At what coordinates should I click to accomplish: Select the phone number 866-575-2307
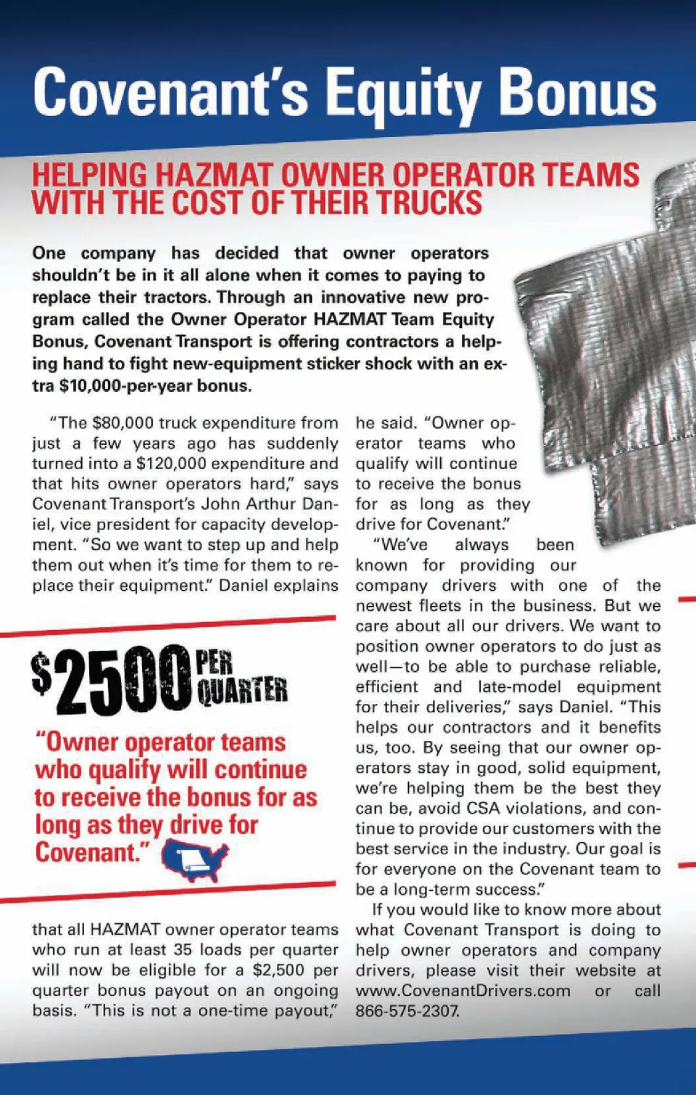pos(407,1011)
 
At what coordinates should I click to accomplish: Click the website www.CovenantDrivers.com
pos(463,991)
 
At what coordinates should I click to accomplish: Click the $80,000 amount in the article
pos(123,423)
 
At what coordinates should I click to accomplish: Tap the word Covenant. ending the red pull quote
pos(88,852)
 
